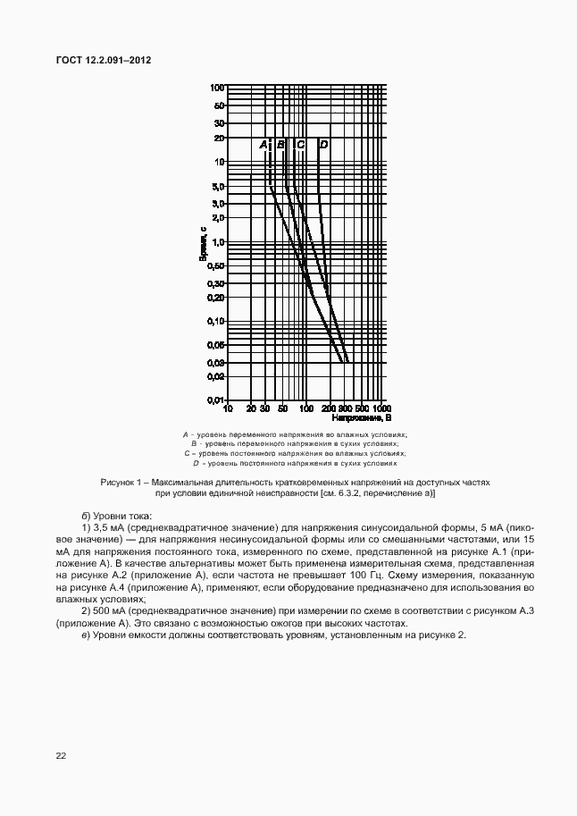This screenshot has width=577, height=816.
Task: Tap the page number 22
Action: [x=61, y=755]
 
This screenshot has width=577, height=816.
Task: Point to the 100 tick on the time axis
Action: [x=217, y=88]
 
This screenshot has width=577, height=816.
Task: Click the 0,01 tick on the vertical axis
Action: [x=215, y=400]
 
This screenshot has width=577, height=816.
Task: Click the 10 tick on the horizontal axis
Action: [x=228, y=408]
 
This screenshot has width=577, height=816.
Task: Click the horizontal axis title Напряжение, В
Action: [x=362, y=417]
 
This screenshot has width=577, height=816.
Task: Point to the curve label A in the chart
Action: [x=263, y=144]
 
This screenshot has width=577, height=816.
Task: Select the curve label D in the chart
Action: [x=323, y=144]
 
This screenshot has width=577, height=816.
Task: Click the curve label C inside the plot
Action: [x=301, y=144]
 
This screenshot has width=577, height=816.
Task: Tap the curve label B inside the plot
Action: [x=280, y=144]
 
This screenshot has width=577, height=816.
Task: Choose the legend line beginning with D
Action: [x=294, y=464]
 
